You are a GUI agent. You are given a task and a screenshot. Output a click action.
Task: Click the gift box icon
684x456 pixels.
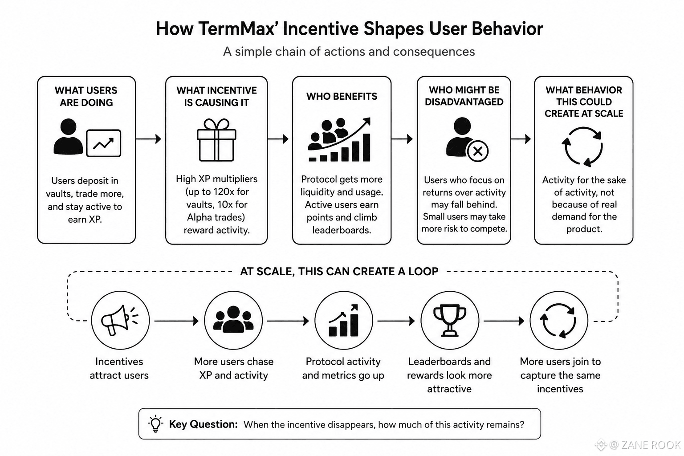point(216,140)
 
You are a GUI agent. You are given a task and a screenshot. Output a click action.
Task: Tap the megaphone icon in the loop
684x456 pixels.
point(119,320)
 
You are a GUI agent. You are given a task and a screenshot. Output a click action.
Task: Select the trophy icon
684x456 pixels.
point(450,320)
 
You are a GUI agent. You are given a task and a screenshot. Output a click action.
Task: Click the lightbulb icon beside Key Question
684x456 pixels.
point(155,423)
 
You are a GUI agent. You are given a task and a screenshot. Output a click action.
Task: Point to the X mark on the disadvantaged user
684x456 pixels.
point(478,151)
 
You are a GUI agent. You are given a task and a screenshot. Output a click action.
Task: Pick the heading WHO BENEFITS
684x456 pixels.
point(342,97)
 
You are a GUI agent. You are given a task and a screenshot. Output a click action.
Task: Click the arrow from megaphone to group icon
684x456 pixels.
point(176,321)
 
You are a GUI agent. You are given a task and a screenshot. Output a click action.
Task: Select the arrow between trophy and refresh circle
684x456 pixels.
point(504,321)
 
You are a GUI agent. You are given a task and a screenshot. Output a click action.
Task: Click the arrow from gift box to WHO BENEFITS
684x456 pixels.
point(278,139)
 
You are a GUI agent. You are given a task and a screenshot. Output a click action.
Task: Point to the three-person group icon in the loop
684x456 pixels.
point(233,319)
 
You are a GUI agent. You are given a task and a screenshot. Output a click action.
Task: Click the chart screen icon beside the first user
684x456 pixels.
point(103,143)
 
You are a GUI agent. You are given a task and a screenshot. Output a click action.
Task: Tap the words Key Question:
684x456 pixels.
point(204,424)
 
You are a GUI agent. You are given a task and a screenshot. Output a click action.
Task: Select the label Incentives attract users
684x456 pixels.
point(119,368)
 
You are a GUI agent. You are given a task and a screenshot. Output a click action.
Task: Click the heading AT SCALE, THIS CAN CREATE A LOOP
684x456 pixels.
point(339,271)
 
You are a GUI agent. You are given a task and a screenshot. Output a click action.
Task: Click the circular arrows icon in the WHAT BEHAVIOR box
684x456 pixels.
point(582,147)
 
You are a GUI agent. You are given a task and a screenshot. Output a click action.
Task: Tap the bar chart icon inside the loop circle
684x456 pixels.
point(343,320)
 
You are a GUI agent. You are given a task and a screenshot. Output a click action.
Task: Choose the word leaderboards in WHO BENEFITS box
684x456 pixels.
point(342,230)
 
